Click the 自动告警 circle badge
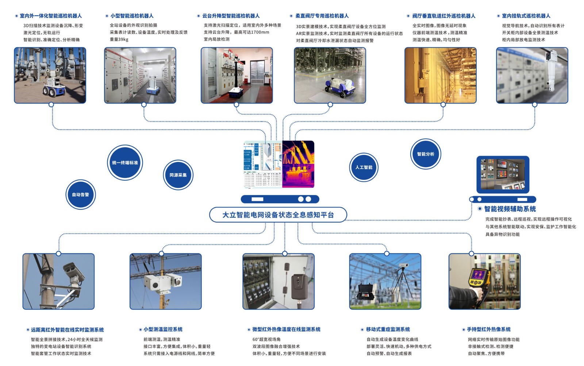81,195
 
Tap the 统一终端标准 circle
125,162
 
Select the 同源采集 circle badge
178,175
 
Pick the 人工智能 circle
364,167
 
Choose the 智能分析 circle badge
426,154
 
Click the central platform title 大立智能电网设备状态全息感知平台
278,215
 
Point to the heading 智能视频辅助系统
510,209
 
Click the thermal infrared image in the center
298,164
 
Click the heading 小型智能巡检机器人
132,16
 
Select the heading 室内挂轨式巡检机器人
526,16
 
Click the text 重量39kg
119,39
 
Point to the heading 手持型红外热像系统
489,329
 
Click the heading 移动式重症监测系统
388,329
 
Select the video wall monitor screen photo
503,174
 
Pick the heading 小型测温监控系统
163,329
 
